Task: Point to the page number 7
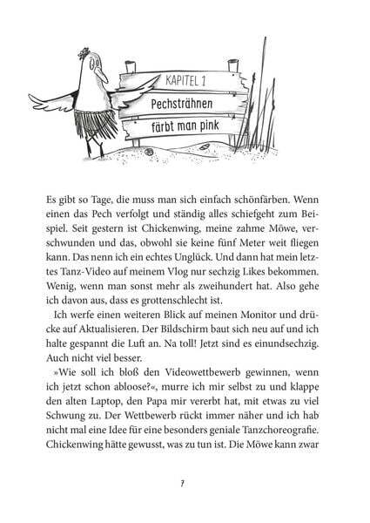[185, 483]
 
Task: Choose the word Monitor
[252, 311]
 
